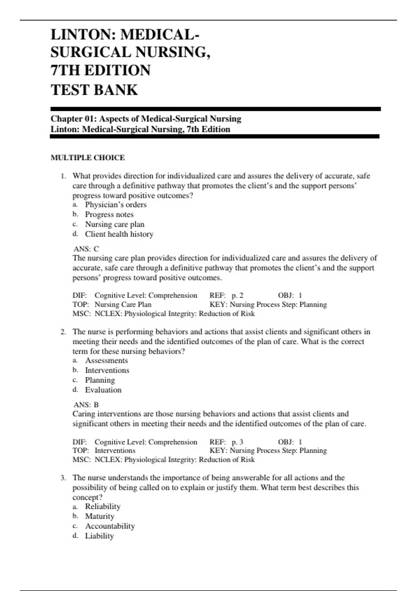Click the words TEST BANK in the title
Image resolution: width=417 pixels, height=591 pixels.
coord(94,90)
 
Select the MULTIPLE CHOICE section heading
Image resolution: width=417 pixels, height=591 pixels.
coord(88,157)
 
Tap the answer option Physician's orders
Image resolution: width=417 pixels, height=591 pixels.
coord(116,204)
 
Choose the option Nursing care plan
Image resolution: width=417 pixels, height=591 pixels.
coord(115,224)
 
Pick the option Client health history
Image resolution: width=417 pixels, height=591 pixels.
coord(119,234)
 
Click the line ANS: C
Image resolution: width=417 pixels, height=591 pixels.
coord(86,249)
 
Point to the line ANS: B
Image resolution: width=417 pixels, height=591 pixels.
coord(86,405)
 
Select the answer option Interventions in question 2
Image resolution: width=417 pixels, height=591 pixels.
coord(107,370)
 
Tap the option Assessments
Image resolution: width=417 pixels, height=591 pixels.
coord(106,361)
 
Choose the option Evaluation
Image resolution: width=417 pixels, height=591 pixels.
coord(103,390)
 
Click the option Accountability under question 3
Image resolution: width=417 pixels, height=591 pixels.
coord(110,526)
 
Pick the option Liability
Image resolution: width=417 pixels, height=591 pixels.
coord(99,536)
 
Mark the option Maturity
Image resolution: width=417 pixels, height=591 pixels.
coord(99,516)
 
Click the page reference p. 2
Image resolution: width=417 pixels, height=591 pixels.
coord(237,295)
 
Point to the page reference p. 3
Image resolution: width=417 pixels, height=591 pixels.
coord(237,442)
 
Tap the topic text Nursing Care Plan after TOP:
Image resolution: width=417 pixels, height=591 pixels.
coord(123,304)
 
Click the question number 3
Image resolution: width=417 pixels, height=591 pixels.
coord(63,478)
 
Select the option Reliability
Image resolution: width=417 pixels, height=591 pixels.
coord(103,507)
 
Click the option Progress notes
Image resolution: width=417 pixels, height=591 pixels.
coord(109,214)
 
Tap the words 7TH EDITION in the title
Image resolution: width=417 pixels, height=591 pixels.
coord(100,70)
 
